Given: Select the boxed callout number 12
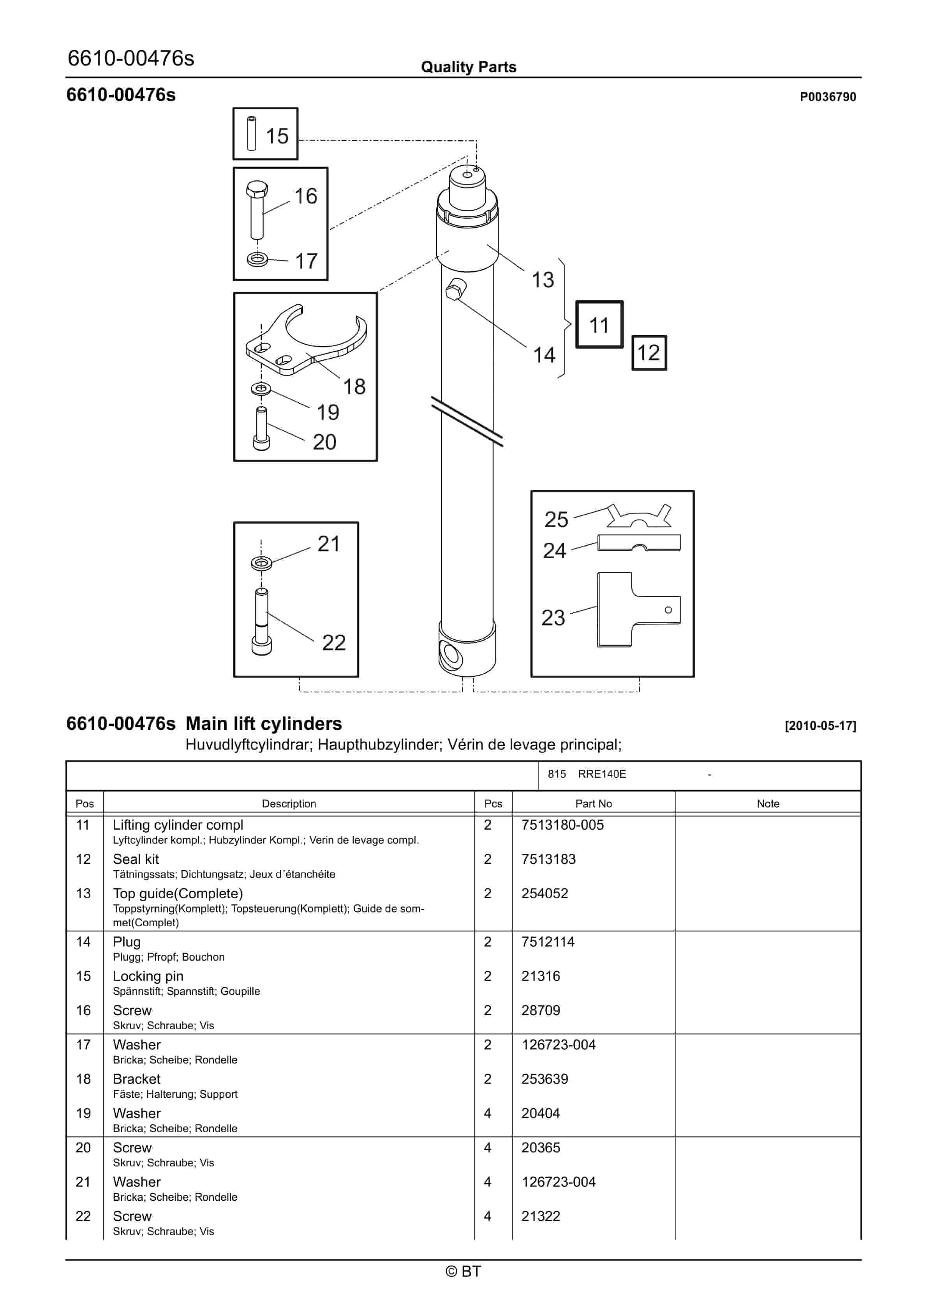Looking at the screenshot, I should pyautogui.click(x=648, y=353).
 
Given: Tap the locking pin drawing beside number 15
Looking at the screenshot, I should pyautogui.click(x=252, y=134).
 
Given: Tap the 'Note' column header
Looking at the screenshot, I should pyautogui.click(x=768, y=803).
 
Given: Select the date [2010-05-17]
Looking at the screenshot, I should pyautogui.click(x=820, y=726).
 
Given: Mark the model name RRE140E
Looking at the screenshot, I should pyautogui.click(x=602, y=774).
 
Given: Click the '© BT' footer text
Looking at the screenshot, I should pyautogui.click(x=463, y=1271).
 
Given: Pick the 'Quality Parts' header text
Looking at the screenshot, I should pyautogui.click(x=468, y=67).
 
